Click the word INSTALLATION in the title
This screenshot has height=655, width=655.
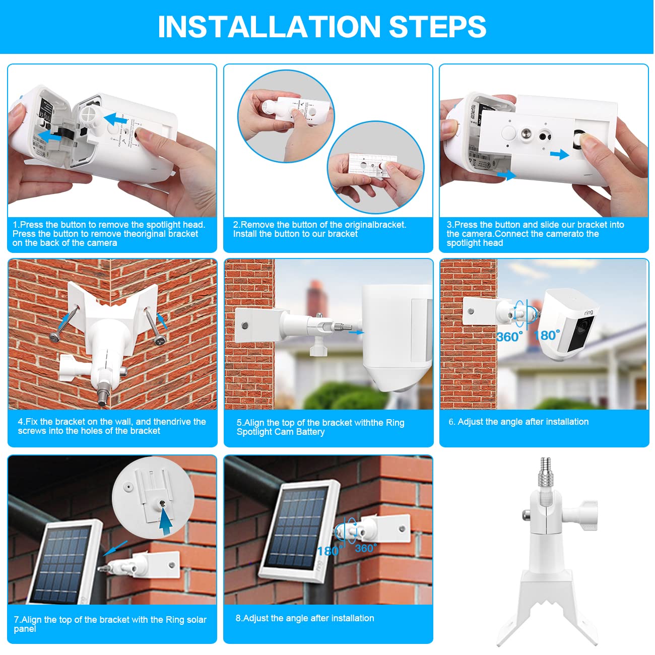pyautogui.click(x=269, y=27)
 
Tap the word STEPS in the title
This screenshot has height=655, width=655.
pyautogui.click(x=437, y=27)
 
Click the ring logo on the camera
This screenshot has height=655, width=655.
pyautogui.click(x=588, y=313)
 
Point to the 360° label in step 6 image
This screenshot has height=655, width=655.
pyautogui.click(x=509, y=337)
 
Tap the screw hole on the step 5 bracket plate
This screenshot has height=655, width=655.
pyautogui.click(x=245, y=325)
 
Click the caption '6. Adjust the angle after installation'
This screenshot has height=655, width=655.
pyautogui.click(x=518, y=422)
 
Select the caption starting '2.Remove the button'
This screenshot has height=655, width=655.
pyautogui.click(x=319, y=229)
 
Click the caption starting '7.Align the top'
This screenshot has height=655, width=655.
pyautogui.click(x=110, y=624)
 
